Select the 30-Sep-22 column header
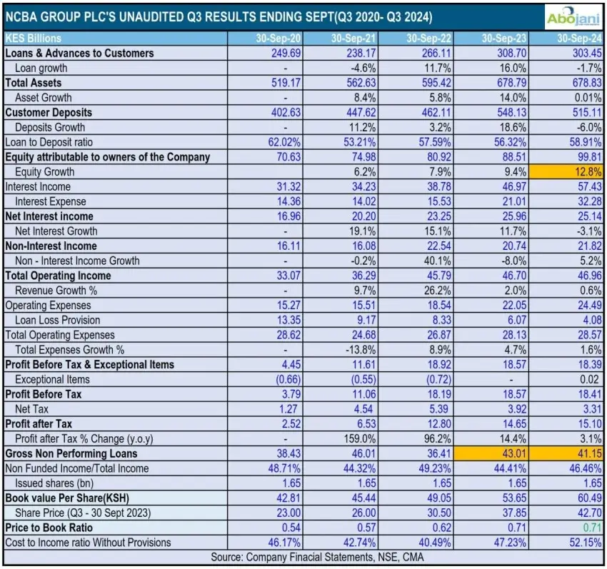(425, 38)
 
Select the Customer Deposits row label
(49, 112)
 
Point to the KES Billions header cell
(34, 38)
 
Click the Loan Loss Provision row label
(58, 320)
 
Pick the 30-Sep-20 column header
(269, 38)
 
